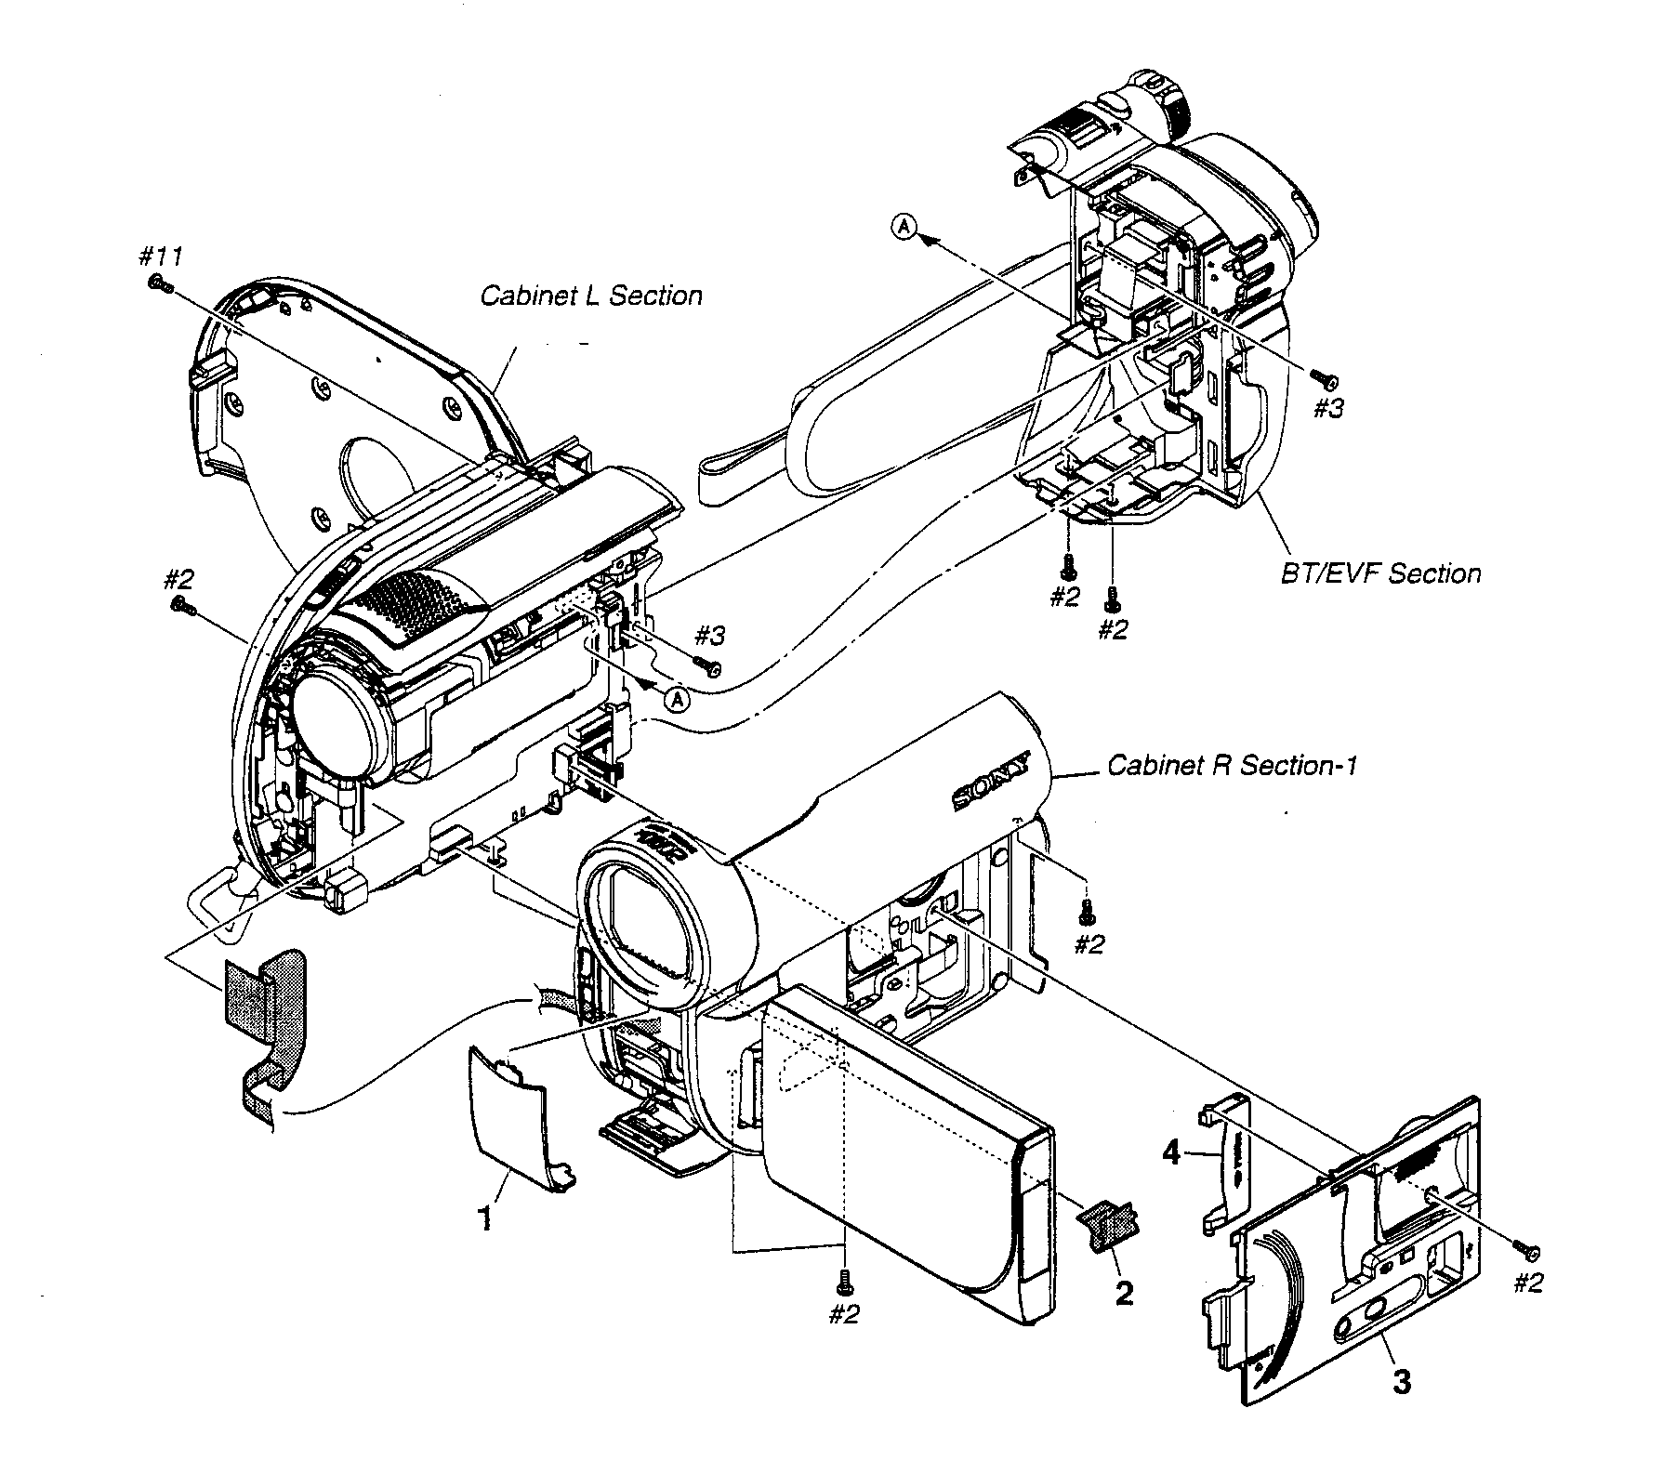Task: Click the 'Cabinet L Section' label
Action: (590, 296)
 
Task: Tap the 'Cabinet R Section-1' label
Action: (1233, 765)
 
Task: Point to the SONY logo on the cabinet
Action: (992, 783)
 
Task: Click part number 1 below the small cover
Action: (484, 1218)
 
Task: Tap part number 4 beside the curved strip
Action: (1172, 1154)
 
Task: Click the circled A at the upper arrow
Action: (904, 225)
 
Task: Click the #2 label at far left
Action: (178, 579)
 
